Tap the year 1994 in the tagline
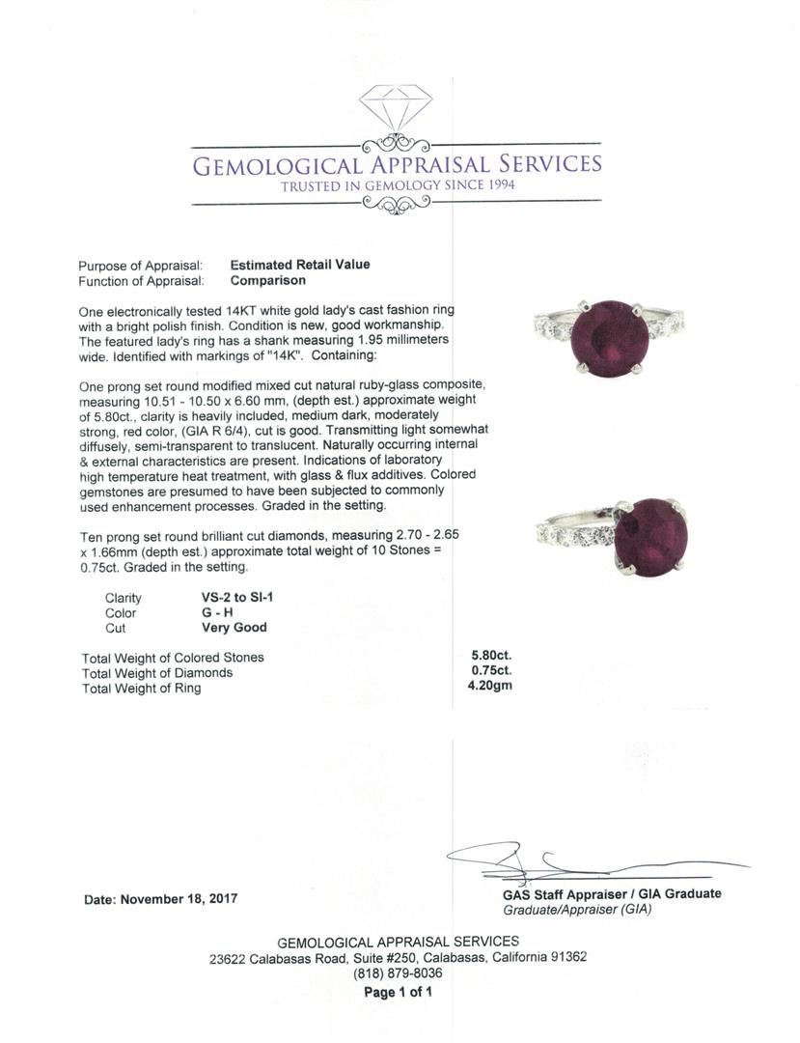(x=494, y=185)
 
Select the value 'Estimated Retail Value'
(x=300, y=265)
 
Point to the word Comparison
(x=268, y=281)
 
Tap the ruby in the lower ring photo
(x=652, y=537)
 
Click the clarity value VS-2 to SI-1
(x=232, y=598)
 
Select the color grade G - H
(x=210, y=612)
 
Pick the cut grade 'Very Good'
(x=229, y=628)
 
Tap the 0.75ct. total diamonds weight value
(x=491, y=672)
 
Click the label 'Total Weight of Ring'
(x=142, y=689)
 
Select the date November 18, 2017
(x=161, y=899)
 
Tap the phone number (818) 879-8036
(x=398, y=974)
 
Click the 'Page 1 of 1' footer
(x=398, y=993)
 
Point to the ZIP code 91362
(x=566, y=958)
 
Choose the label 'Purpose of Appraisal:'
(x=140, y=266)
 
